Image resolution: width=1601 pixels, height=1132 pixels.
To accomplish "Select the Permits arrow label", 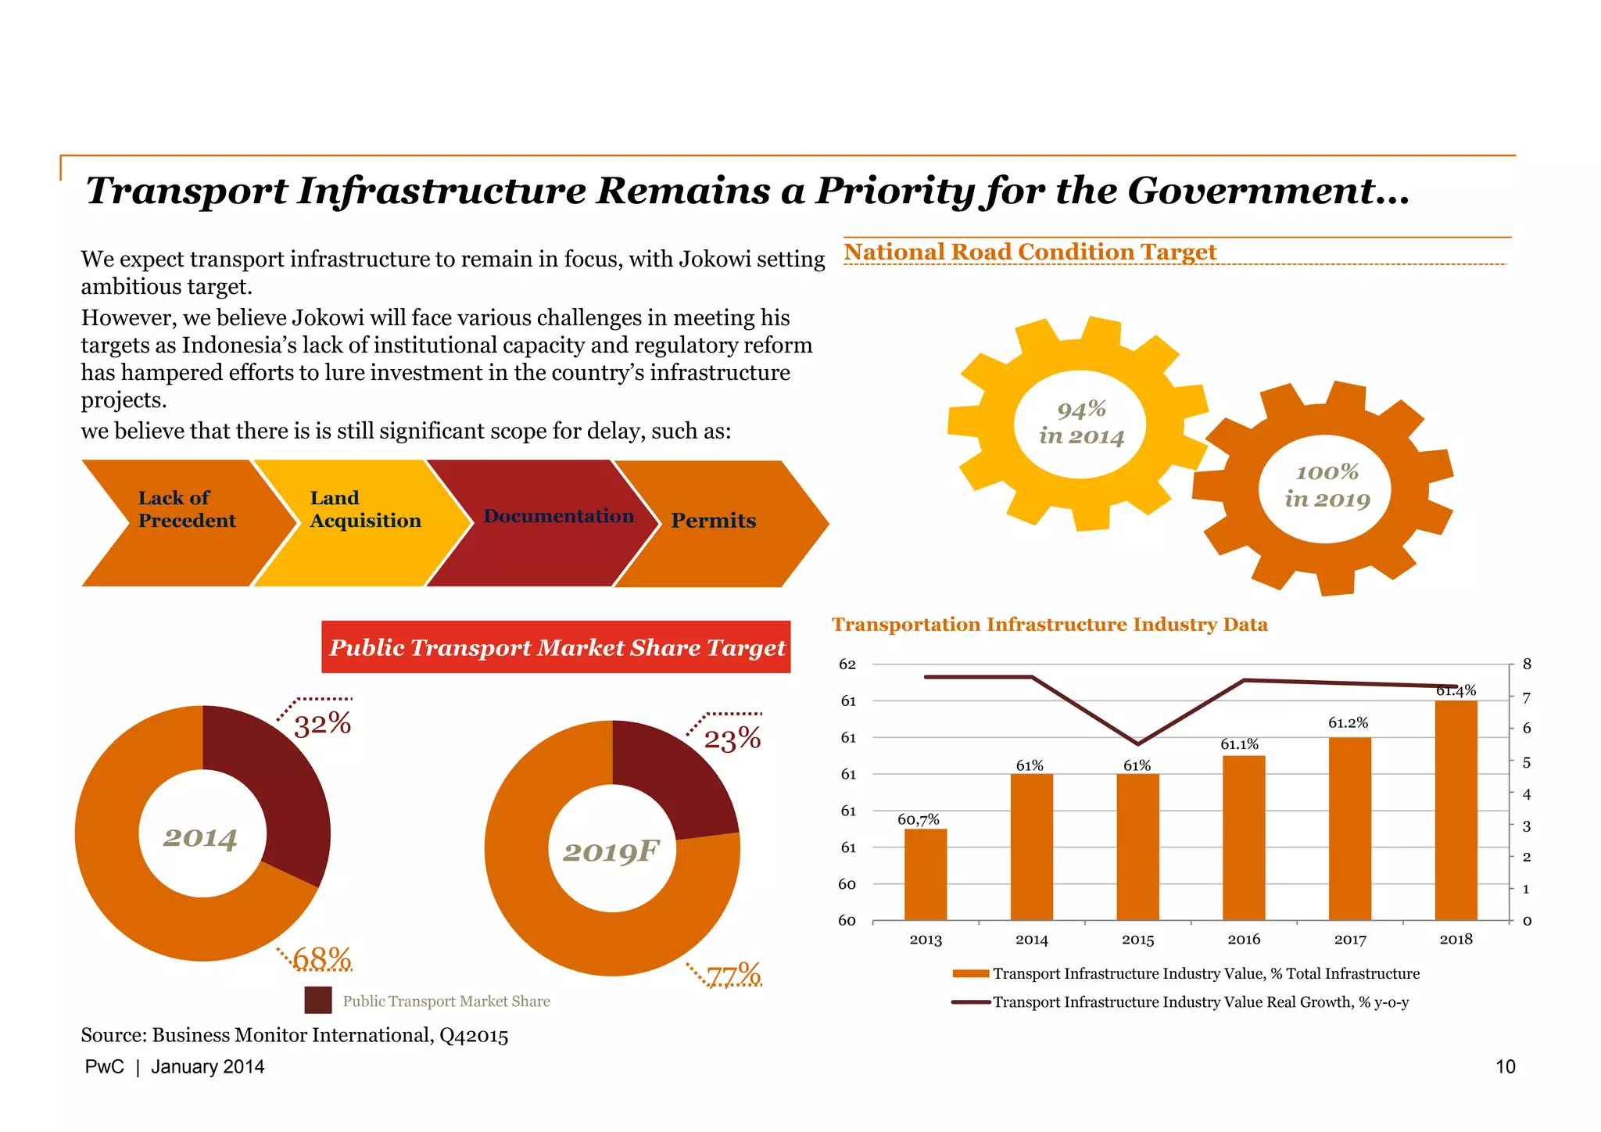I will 713,521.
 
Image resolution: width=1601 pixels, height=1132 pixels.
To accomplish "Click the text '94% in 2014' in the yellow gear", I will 1081,423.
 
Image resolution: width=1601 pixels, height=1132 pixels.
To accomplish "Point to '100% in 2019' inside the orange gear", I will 1327,485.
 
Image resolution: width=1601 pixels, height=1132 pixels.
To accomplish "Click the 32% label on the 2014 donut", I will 322,724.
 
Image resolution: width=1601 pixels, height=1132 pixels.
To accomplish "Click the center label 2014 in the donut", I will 200,838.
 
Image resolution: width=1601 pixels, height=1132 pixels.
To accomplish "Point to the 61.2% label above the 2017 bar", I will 1348,723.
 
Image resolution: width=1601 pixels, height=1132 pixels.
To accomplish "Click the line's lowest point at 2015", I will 1138,743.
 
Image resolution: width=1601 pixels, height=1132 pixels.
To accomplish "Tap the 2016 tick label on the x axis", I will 1244,940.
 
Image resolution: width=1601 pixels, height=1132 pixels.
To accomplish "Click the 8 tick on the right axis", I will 1527,665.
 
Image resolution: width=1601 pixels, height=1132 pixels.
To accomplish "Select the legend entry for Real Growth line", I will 1200,1002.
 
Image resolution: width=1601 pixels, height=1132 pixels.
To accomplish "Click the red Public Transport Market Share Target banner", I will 556,647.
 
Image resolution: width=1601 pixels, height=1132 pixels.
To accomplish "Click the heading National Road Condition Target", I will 1030,252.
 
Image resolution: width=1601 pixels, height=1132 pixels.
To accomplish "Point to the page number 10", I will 1505,1067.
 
